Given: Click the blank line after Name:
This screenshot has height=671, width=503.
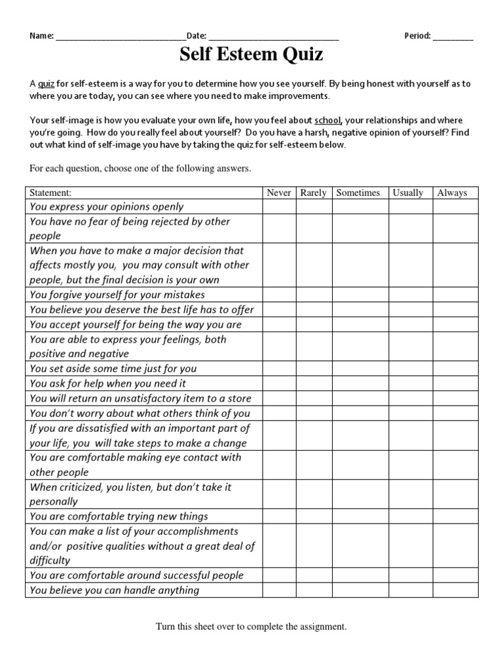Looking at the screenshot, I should pyautogui.click(x=121, y=37).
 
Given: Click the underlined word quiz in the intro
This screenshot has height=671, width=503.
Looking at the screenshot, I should pyautogui.click(x=46, y=84).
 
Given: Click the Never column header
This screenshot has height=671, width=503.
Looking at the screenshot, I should pyautogui.click(x=279, y=193).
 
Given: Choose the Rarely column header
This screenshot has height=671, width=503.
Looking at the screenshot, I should pyautogui.click(x=313, y=193).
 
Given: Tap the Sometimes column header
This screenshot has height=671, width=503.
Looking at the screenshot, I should pyautogui.click(x=358, y=193).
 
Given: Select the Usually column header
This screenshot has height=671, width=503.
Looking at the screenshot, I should pyautogui.click(x=408, y=193).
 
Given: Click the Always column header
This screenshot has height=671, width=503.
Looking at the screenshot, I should pyautogui.click(x=453, y=193).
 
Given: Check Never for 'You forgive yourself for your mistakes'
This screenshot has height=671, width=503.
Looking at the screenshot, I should pyautogui.click(x=279, y=295).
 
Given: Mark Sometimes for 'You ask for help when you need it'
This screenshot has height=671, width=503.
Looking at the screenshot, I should pyautogui.click(x=360, y=383).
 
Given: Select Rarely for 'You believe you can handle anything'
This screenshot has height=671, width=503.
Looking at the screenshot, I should pyautogui.click(x=314, y=590).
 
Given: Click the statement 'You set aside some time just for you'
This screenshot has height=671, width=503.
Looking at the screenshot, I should pyautogui.click(x=113, y=368).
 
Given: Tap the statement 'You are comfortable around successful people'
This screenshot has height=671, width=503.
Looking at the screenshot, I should pyautogui.click(x=137, y=575).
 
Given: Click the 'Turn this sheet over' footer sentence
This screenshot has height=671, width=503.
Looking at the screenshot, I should pyautogui.click(x=251, y=627).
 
